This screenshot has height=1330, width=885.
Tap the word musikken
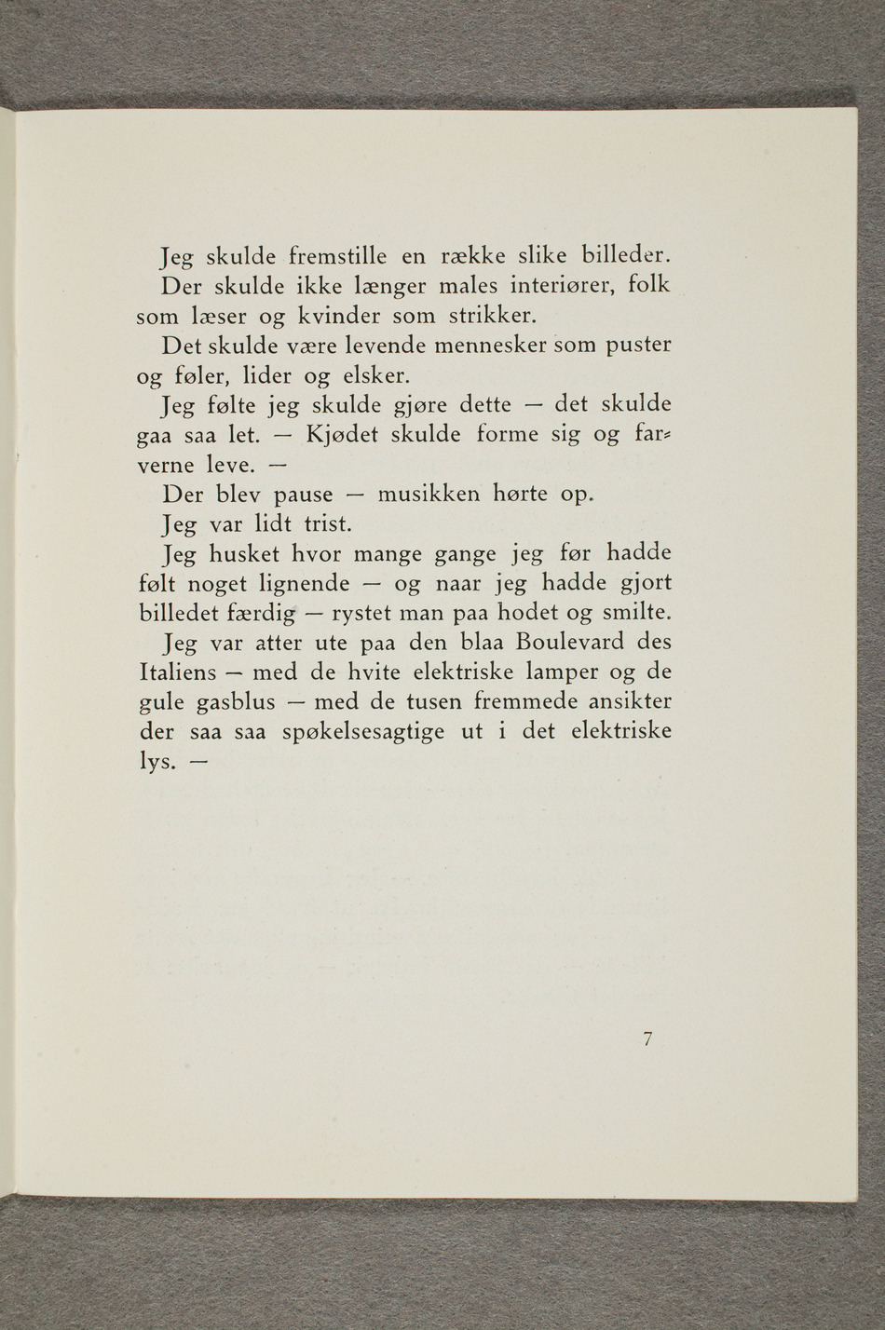coord(427,495)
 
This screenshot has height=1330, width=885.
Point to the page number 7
coord(647,1041)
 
